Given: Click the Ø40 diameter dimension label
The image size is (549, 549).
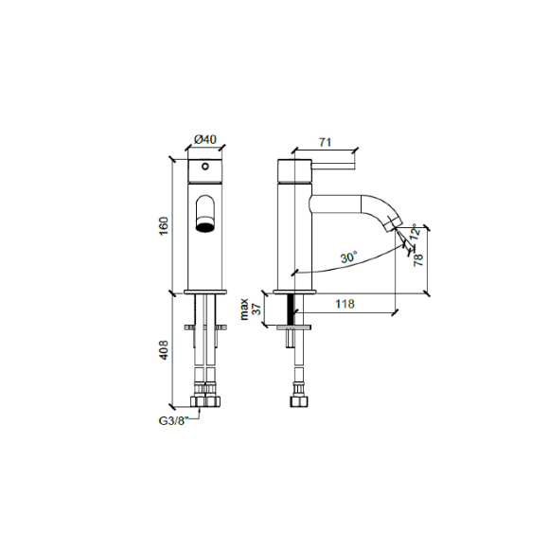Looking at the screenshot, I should point(205,140).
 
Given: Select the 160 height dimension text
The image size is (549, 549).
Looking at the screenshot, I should point(163,226).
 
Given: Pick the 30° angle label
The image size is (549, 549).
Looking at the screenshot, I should point(348,257).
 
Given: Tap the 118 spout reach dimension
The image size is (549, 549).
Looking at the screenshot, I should point(345,304).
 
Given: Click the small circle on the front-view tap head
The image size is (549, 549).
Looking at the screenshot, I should point(205,168).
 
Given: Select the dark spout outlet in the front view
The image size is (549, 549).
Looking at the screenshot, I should point(205,225).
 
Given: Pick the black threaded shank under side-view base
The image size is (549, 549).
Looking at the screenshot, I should point(291,306).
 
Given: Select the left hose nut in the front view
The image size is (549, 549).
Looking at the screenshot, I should point(198,390).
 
